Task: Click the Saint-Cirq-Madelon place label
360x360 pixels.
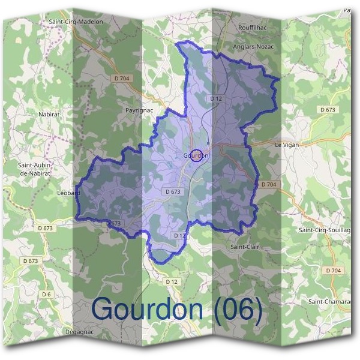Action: (76, 22)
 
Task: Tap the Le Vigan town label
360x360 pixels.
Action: (286, 145)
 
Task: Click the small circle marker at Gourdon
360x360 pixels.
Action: (196, 155)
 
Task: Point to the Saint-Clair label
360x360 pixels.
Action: (244, 247)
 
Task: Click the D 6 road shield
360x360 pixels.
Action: (46, 293)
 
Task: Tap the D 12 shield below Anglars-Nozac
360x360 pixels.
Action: (216, 98)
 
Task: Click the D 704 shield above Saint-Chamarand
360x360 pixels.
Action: (334, 271)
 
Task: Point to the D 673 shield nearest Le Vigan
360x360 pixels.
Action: (328, 110)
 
